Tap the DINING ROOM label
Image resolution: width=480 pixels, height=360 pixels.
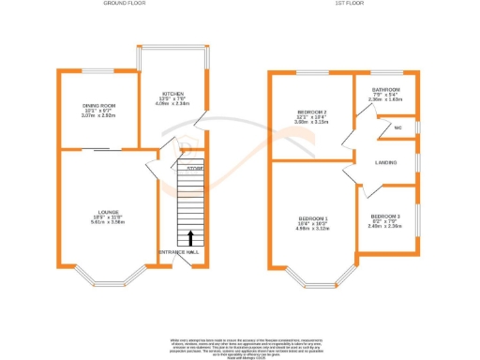coord(97,106)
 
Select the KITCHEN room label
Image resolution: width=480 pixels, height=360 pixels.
coord(173,94)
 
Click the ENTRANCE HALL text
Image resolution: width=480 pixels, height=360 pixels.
coord(178,252)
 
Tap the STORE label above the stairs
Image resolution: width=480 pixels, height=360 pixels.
coord(194,168)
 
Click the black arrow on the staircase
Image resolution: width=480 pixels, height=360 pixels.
coord(191,237)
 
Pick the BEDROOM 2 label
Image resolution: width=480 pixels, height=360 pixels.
coord(310,112)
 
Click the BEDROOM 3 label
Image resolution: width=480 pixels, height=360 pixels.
coord(384,216)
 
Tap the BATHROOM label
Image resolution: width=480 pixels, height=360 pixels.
coord(384,90)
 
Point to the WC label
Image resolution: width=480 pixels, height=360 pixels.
coord(398,127)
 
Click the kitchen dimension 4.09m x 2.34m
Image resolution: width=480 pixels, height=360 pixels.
coord(173,104)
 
